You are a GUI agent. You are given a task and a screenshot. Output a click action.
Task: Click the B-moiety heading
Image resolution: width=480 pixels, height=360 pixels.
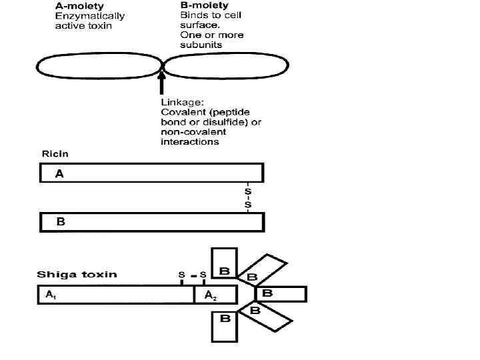(x=204, y=6)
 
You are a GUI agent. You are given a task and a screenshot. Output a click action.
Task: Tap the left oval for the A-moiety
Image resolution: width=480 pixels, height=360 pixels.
(x=99, y=67)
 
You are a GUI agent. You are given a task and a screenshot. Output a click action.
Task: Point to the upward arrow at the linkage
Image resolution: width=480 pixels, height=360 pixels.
(x=161, y=84)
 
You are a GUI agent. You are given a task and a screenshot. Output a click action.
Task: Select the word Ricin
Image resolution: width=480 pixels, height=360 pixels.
(x=55, y=154)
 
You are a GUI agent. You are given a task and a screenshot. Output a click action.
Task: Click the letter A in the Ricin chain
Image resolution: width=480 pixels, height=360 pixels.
(x=59, y=173)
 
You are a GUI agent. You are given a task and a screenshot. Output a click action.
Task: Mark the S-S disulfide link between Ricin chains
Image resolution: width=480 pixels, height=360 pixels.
(x=248, y=197)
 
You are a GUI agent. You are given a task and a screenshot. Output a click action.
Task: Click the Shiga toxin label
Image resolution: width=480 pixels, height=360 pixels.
(x=77, y=274)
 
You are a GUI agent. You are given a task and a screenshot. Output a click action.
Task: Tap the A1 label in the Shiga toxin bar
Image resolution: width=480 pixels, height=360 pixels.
(x=51, y=294)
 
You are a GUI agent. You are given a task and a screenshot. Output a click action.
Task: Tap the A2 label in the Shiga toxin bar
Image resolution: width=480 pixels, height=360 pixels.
(x=209, y=295)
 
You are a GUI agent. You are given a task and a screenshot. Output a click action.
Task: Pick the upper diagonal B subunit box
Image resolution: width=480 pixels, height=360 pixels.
(x=265, y=270)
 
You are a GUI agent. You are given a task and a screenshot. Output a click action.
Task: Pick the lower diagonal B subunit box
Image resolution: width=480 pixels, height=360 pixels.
(x=266, y=316)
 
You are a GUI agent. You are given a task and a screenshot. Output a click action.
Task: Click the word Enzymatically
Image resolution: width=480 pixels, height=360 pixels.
(x=89, y=16)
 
